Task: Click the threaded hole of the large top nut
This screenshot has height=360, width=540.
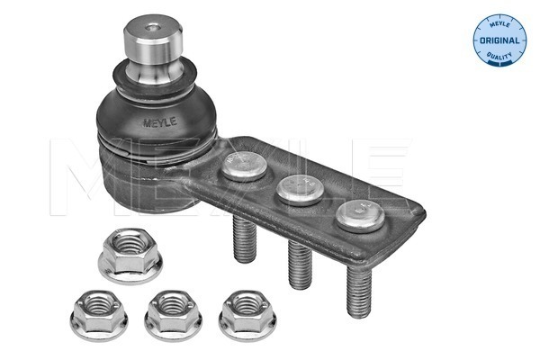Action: point(122,249)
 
